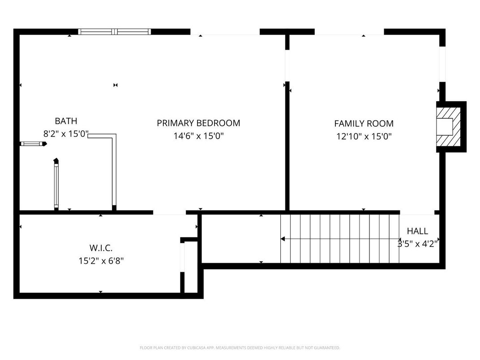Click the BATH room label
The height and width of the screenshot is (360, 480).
tap(66, 121)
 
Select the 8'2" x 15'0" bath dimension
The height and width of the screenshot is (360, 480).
tap(66, 134)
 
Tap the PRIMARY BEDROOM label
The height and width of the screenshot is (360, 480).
tap(198, 123)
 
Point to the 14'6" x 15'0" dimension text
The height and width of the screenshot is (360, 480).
tap(198, 136)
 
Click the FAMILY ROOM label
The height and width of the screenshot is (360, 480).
tap(364, 124)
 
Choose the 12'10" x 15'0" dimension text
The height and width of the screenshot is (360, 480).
tap(364, 137)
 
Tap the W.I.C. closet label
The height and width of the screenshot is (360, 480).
tap(101, 248)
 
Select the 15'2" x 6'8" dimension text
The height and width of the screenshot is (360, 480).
tap(101, 261)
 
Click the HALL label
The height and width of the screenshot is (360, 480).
tap(417, 231)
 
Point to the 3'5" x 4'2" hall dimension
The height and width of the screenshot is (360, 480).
tap(417, 244)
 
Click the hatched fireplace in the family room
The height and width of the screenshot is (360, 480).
tap(449, 126)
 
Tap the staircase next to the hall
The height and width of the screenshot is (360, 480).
tap(340, 239)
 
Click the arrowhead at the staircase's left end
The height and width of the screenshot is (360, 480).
tap(283, 239)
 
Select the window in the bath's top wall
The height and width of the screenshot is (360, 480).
tap(115, 32)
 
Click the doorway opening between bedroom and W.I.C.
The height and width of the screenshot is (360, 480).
tap(169, 212)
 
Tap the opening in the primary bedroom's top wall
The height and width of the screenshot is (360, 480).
tap(225, 32)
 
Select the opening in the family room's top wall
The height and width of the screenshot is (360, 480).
tap(349, 32)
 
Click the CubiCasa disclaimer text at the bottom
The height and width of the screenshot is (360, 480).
tap(240, 347)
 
